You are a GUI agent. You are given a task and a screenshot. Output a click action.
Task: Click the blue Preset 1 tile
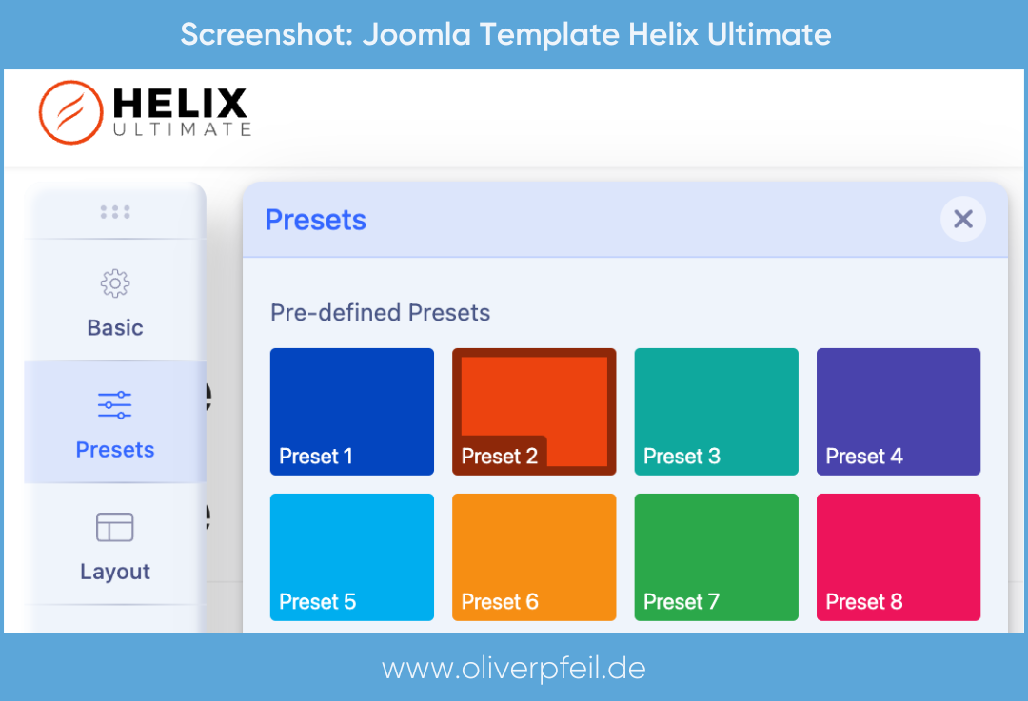click(x=351, y=411)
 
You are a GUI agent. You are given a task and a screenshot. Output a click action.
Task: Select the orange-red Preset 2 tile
click(x=534, y=411)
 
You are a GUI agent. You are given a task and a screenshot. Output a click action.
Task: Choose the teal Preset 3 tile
click(x=716, y=411)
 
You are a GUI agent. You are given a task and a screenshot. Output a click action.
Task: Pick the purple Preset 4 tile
click(x=898, y=411)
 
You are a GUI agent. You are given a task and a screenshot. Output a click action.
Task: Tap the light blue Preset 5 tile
click(x=351, y=556)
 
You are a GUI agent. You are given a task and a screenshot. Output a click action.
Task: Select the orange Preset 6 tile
click(x=534, y=556)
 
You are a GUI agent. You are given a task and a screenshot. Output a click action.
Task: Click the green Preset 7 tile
click(x=716, y=556)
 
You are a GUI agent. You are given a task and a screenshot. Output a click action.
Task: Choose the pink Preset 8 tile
click(x=898, y=556)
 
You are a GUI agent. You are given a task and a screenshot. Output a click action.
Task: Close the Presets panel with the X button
click(x=962, y=220)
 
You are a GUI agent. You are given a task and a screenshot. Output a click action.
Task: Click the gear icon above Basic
click(x=115, y=283)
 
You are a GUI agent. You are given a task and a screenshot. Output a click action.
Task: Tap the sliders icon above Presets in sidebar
click(x=115, y=405)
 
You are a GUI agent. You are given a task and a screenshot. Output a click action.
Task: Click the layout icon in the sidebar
click(x=115, y=527)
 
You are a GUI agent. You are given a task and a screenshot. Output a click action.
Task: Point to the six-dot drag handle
click(x=115, y=211)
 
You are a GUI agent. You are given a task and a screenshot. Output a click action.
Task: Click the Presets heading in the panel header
click(x=315, y=220)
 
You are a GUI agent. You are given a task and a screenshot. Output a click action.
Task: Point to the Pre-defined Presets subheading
click(x=380, y=312)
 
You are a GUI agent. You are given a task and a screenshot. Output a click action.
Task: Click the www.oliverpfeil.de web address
click(x=514, y=668)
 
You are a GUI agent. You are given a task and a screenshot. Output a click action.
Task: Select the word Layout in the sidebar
click(x=115, y=572)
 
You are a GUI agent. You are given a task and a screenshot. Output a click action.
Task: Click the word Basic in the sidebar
click(x=115, y=328)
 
